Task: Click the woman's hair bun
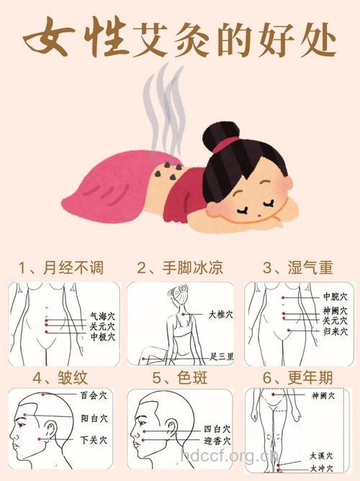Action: [x=222, y=134]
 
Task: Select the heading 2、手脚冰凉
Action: [x=179, y=269]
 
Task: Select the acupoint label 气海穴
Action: [x=102, y=315]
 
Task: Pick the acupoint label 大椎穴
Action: [x=220, y=314]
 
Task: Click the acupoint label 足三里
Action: [x=222, y=356]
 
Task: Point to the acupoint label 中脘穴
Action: [x=335, y=297]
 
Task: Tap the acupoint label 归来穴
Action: [x=335, y=332]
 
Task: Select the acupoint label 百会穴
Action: [x=94, y=396]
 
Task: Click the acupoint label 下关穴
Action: [x=94, y=439]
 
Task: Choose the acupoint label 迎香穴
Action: [x=216, y=440]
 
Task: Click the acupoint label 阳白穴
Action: [x=94, y=417]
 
